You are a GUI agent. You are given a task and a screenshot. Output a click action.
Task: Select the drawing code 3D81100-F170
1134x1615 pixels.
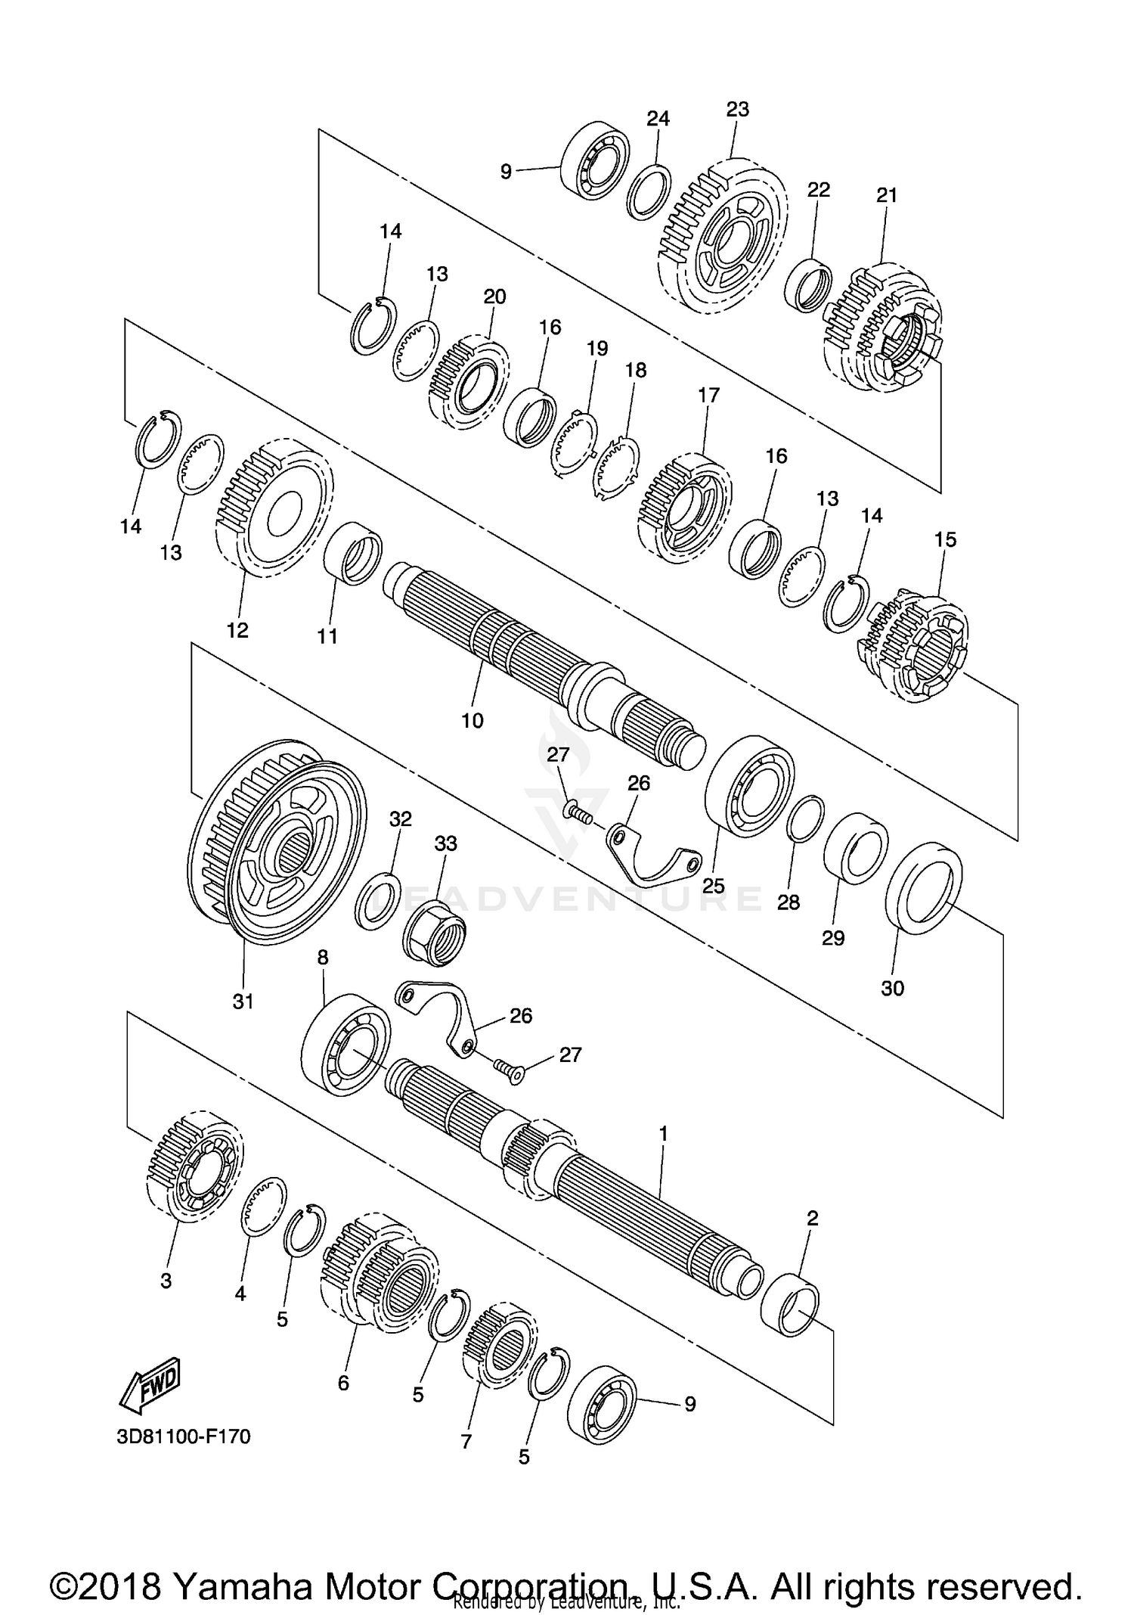(x=184, y=1435)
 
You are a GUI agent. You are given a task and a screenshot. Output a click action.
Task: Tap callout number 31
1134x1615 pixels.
(x=243, y=1001)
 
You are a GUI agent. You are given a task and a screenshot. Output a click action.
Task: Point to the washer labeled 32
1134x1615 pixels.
(x=379, y=899)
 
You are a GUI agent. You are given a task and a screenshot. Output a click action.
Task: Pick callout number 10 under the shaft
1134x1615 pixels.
(x=472, y=720)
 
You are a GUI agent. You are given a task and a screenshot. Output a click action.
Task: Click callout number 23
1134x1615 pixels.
(x=737, y=109)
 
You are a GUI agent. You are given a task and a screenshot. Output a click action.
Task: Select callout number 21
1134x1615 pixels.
(x=887, y=195)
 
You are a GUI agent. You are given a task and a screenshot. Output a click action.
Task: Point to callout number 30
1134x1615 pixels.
(x=893, y=988)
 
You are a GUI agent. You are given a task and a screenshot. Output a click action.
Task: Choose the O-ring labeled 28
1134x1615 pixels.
(x=806, y=818)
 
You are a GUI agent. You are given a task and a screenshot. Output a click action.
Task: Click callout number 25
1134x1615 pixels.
(x=714, y=885)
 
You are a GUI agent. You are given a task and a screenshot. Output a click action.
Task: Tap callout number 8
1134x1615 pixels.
(x=323, y=958)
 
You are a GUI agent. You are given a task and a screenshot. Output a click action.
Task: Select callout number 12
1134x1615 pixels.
(x=237, y=629)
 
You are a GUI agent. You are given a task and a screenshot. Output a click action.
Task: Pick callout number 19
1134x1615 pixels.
(x=597, y=348)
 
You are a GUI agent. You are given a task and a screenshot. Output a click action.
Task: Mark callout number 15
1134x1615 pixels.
(x=945, y=539)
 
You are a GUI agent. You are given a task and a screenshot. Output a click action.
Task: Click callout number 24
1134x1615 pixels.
(x=658, y=118)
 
